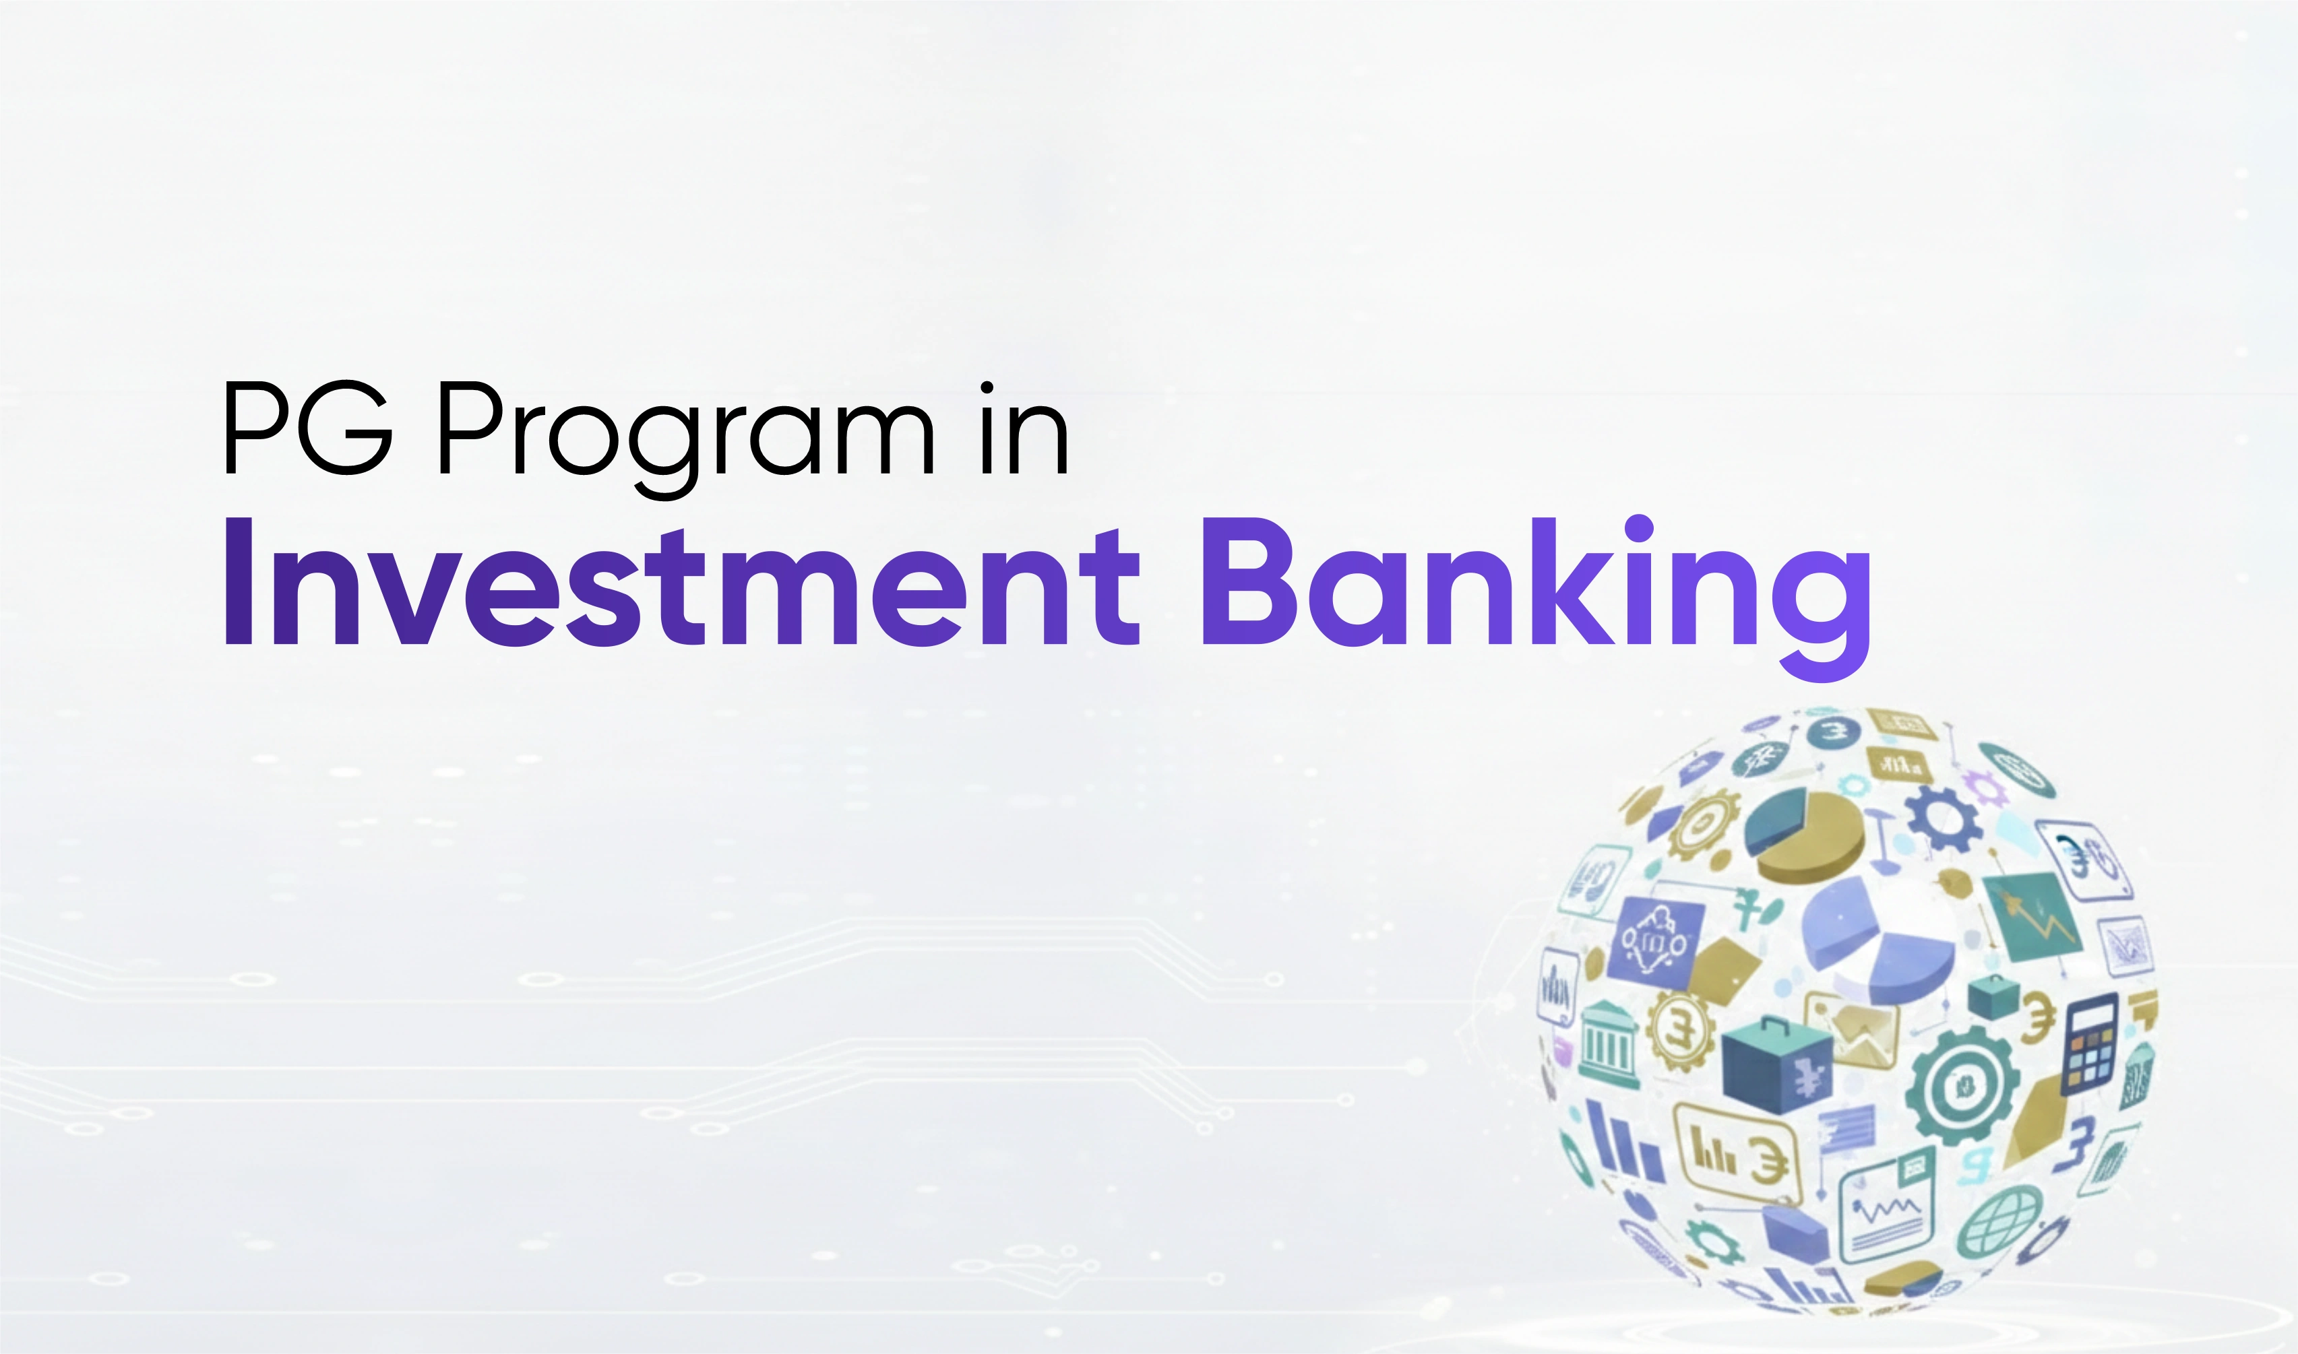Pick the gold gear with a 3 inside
(1679, 1031)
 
